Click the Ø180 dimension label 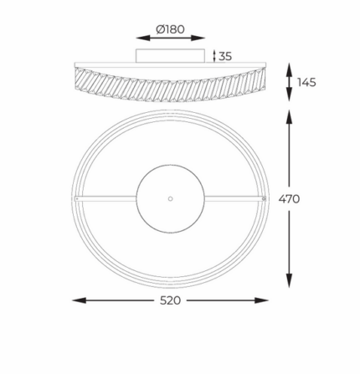tap(170, 29)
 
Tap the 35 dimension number tap(225, 56)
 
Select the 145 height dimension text tap(306, 83)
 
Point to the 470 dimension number tap(289, 199)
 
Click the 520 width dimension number tap(170, 300)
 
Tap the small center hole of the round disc tap(170, 198)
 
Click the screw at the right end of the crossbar tap(264, 198)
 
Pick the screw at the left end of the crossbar tap(77, 198)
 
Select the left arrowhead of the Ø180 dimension tap(143, 38)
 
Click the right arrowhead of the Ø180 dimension tap(198, 38)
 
